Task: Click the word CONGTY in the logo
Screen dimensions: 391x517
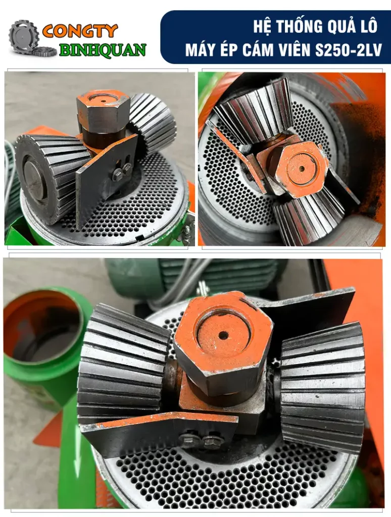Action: tap(80, 31)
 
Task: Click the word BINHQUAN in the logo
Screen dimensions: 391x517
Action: tap(103, 50)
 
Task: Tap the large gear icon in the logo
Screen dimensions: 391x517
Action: tap(23, 36)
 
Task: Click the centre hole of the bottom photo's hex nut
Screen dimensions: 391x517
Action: tap(223, 336)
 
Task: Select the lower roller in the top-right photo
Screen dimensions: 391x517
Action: tap(309, 218)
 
